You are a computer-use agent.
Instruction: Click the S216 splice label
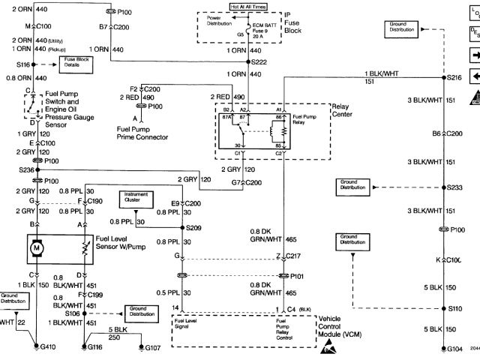click(x=454, y=77)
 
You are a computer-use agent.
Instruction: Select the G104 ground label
click(x=453, y=349)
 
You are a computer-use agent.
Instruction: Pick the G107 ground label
click(x=152, y=348)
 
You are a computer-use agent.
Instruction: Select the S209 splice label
click(x=195, y=226)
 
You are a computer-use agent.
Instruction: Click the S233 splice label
click(x=454, y=187)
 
